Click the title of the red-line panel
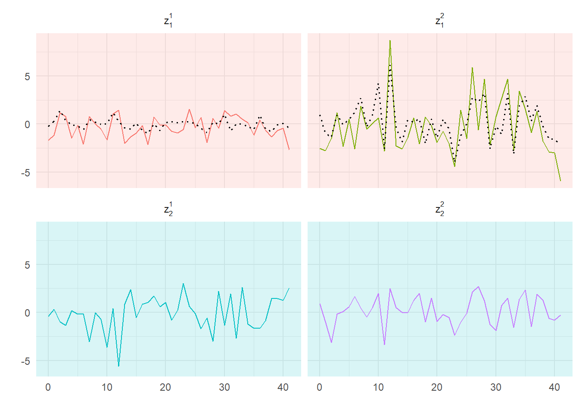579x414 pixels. tap(168, 20)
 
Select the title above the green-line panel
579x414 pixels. tap(440, 20)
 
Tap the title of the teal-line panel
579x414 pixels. tap(168, 209)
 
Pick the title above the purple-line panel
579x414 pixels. tap(440, 209)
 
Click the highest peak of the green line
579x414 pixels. tap(390, 41)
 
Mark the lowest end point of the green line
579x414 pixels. tap(560, 181)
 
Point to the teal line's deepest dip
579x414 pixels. tap(118, 366)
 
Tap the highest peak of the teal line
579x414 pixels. tap(183, 284)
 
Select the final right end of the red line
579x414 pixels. tap(289, 150)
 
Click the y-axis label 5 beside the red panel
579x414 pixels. tap(27, 76)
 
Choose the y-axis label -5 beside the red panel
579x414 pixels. tap(26, 172)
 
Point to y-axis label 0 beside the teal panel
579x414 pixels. tap(27, 313)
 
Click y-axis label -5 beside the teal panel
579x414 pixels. tap(26, 361)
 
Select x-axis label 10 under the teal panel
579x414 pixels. tap(107, 387)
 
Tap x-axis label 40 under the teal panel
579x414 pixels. tap(283, 387)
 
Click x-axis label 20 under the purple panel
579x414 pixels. tap(437, 387)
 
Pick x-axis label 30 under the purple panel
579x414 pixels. tap(496, 387)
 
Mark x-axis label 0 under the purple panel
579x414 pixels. tap(319, 387)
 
